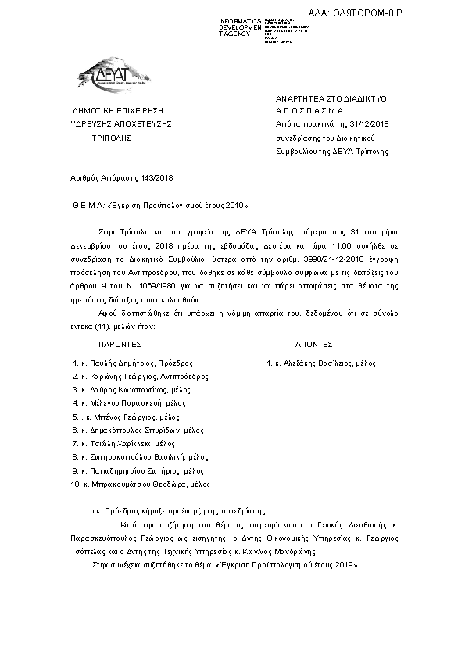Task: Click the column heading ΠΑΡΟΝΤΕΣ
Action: [x=120, y=343]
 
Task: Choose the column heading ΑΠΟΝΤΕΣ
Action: [x=314, y=343]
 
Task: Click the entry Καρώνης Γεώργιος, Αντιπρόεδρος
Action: [x=140, y=376]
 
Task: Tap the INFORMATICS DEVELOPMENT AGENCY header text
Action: [x=240, y=27]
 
